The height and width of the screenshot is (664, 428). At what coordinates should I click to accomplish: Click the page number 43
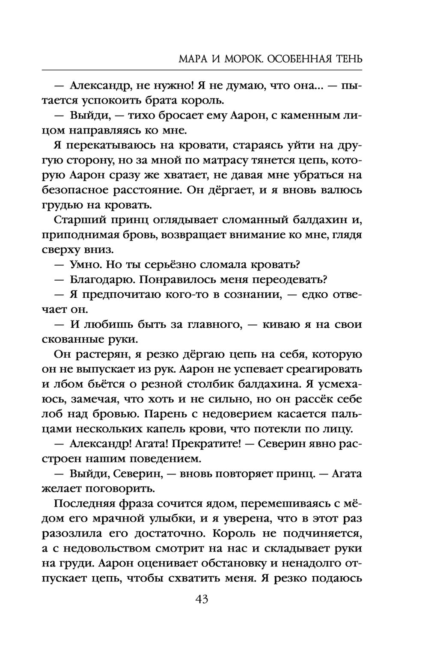click(x=202, y=599)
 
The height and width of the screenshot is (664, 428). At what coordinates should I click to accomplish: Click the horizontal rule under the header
click(x=202, y=70)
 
